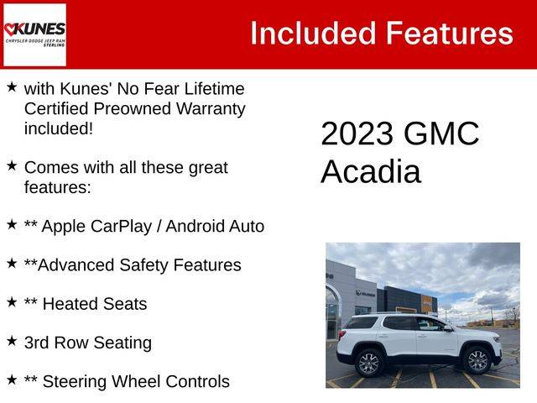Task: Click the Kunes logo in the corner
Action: (34, 34)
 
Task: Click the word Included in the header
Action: (313, 34)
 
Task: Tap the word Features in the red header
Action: (450, 34)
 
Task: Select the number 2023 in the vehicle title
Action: (357, 133)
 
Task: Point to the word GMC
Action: (441, 133)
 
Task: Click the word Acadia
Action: (371, 171)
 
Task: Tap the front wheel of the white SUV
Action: (477, 360)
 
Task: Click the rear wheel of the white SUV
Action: (369, 363)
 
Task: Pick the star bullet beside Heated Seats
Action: (12, 302)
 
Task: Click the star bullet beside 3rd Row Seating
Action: (12, 341)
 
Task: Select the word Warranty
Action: (211, 109)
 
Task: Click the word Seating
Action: (123, 343)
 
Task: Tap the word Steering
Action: (75, 382)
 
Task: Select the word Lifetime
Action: (215, 89)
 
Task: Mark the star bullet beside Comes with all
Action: (12, 166)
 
